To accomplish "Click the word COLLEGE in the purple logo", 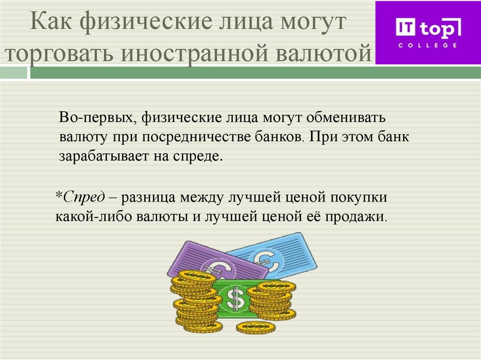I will (428, 46).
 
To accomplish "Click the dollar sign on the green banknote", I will (235, 298).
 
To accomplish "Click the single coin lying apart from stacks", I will (255, 327).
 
